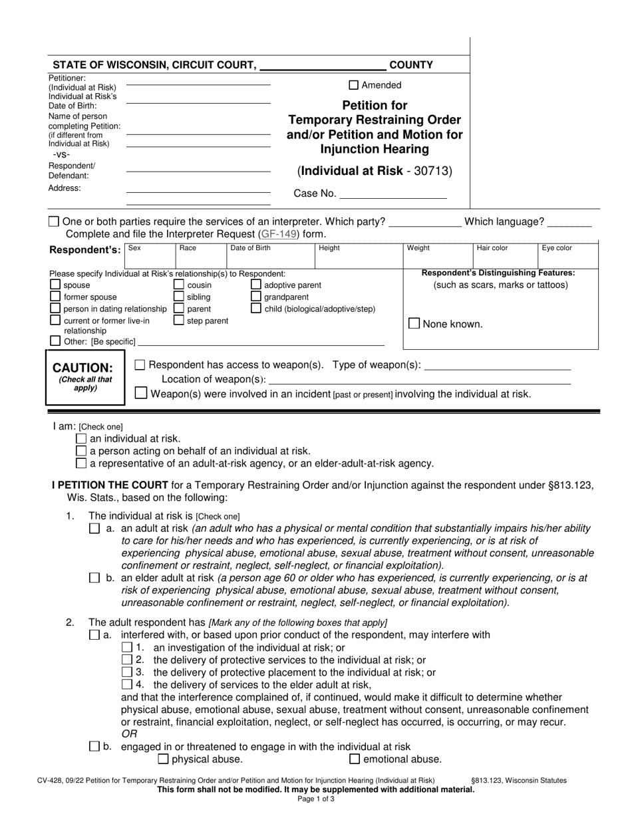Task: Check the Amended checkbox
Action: pyautogui.click(x=354, y=85)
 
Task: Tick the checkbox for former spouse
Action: pyautogui.click(x=55, y=297)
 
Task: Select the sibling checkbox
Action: pyautogui.click(x=178, y=297)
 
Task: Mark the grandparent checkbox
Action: pyautogui.click(x=256, y=297)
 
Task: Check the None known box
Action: pyautogui.click(x=414, y=324)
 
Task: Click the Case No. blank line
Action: pyautogui.click(x=393, y=194)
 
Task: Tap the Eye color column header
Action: pyautogui.click(x=556, y=248)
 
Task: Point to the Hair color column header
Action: pyautogui.click(x=492, y=248)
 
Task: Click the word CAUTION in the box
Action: pyautogui.click(x=83, y=368)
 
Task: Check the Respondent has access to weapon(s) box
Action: pyautogui.click(x=140, y=364)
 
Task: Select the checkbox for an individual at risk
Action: pyautogui.click(x=81, y=438)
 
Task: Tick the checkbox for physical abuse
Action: pyautogui.click(x=163, y=759)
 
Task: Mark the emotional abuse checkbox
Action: pyautogui.click(x=355, y=759)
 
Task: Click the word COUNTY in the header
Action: pyautogui.click(x=410, y=65)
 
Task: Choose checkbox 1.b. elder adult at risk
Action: pyautogui.click(x=94, y=578)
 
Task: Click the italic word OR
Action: pyautogui.click(x=128, y=734)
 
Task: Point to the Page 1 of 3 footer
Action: pyautogui.click(x=316, y=799)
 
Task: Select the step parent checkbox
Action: pyautogui.click(x=178, y=321)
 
